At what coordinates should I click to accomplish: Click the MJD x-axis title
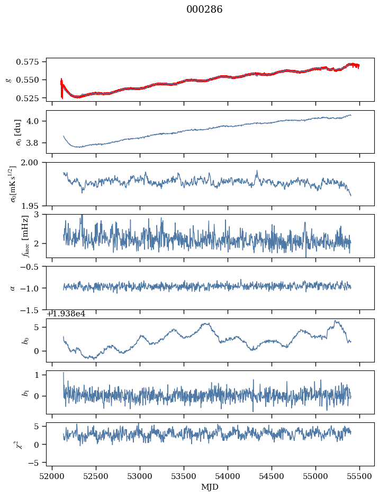(211, 486)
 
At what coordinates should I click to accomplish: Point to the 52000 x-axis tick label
(52, 476)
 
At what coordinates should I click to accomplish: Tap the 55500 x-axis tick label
(360, 476)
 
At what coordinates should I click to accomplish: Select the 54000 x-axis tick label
(228, 476)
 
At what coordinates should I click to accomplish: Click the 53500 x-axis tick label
(184, 476)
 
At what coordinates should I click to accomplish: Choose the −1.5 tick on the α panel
(33, 309)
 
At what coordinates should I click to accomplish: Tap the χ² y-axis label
(19, 445)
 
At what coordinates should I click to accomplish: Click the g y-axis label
(8, 79)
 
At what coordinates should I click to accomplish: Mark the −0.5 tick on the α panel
(33, 267)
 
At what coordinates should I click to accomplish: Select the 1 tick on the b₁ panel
(39, 375)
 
